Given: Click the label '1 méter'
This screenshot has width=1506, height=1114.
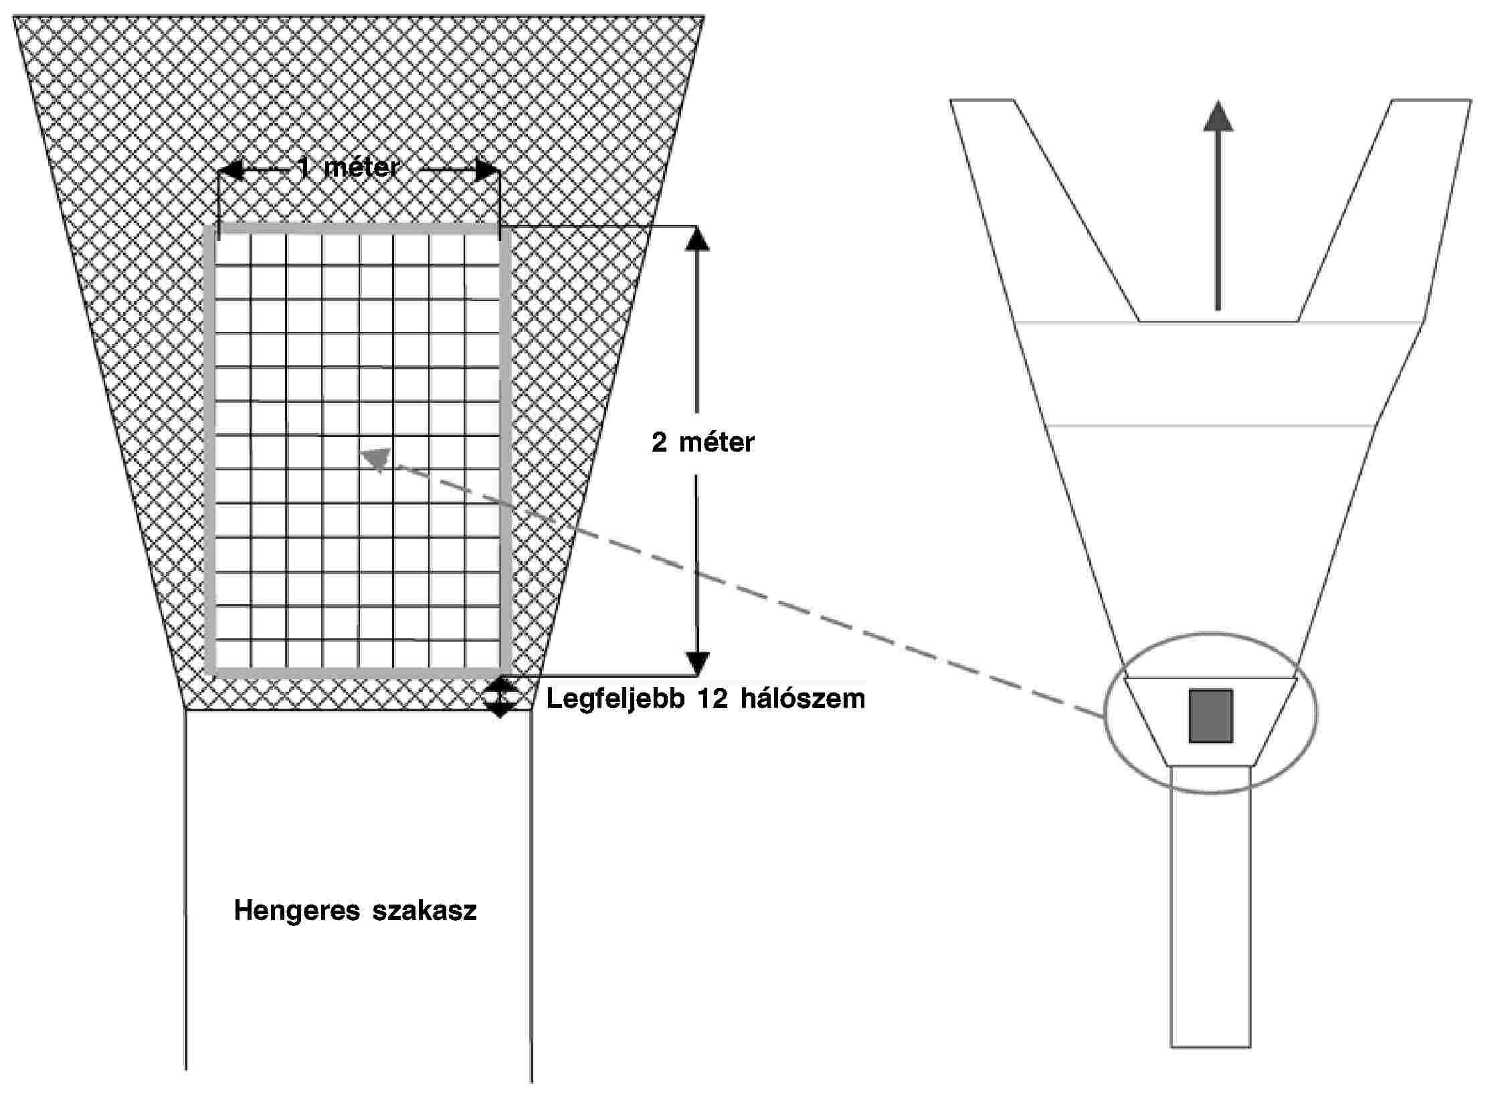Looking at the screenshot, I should (349, 167).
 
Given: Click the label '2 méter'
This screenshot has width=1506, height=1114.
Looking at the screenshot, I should (702, 442).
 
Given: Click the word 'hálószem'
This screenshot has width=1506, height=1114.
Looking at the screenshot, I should (802, 699).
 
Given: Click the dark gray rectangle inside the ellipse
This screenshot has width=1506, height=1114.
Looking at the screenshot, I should (1210, 715).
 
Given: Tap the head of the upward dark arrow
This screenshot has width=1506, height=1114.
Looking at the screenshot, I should (1218, 116).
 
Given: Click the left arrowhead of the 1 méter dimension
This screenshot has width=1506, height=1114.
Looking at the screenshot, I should (231, 170).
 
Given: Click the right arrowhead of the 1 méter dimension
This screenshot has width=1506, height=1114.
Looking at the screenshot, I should (486, 170).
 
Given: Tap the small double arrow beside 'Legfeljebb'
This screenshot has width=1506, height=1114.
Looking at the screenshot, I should (500, 697).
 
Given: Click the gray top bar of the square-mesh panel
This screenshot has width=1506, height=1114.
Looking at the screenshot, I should (357, 229).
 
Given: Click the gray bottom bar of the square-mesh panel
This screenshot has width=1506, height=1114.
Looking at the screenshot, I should (357, 672).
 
